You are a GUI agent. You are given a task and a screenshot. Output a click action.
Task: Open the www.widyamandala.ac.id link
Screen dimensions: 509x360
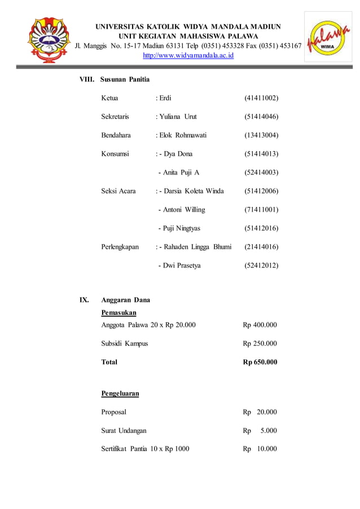[x=188, y=55]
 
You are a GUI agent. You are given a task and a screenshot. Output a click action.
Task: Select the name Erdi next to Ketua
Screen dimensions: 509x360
[x=164, y=98]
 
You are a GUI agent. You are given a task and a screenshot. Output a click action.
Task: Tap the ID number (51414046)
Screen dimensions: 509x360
[x=261, y=117]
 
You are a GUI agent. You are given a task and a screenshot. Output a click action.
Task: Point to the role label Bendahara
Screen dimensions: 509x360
[x=116, y=135]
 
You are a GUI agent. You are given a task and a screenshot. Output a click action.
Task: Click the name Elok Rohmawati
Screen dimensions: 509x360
[x=182, y=135]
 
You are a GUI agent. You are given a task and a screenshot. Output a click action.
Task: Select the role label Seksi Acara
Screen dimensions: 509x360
[x=118, y=191]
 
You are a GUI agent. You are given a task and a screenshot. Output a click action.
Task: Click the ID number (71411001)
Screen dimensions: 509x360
[x=261, y=209]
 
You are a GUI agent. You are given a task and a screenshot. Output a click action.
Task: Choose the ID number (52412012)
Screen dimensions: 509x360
[x=261, y=265]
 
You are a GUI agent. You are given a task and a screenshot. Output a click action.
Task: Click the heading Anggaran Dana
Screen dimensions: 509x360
[x=125, y=300]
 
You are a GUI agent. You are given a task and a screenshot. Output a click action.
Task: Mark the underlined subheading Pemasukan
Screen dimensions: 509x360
[x=118, y=312]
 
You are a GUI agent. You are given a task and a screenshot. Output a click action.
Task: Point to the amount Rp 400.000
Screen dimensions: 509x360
[x=260, y=324]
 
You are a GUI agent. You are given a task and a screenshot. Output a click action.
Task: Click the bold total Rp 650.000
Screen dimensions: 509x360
[x=260, y=362]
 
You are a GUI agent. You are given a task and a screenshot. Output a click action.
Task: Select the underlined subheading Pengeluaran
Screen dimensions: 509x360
[x=120, y=393]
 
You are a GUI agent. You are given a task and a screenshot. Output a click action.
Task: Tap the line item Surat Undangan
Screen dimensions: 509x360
[x=124, y=431]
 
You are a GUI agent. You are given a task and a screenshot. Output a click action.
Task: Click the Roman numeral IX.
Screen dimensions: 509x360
[x=84, y=300]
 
